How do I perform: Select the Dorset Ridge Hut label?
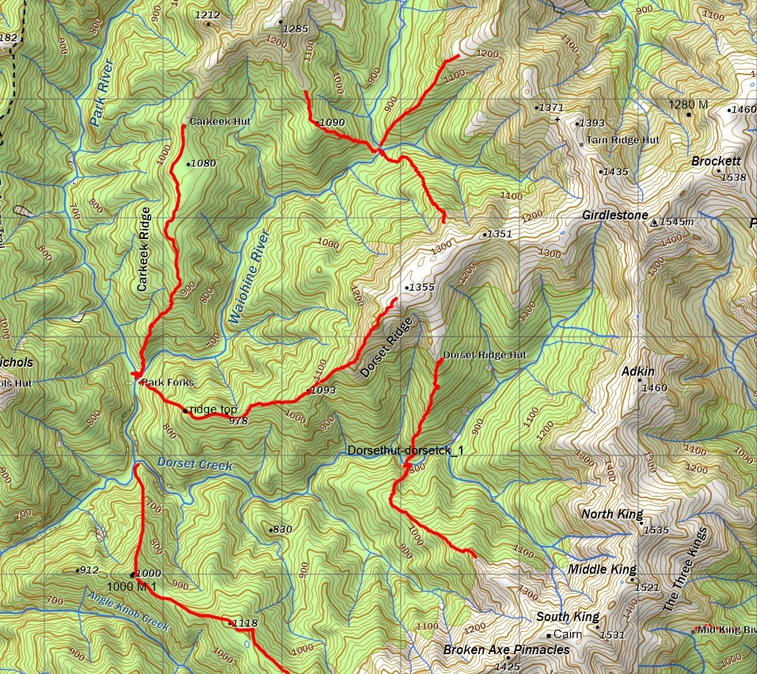click(485, 355)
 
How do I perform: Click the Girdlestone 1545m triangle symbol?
click(653, 223)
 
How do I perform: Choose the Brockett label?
click(716, 161)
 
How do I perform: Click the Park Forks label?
click(168, 383)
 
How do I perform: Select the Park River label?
click(101, 95)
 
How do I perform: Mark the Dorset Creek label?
click(195, 465)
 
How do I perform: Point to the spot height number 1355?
click(420, 287)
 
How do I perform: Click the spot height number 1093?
click(324, 390)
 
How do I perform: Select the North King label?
click(612, 515)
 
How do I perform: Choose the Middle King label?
click(602, 569)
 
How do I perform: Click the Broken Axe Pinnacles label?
click(506, 649)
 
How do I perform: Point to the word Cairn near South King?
click(567, 634)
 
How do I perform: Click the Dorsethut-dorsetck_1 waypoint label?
click(405, 451)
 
